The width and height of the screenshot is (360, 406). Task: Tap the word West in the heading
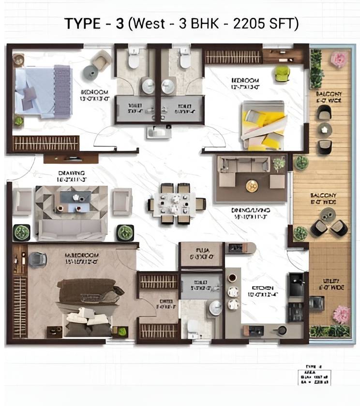tap(151, 24)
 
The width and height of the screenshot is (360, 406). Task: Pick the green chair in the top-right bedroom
tap(282, 73)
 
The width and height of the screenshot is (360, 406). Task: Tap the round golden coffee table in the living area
tap(252, 185)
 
